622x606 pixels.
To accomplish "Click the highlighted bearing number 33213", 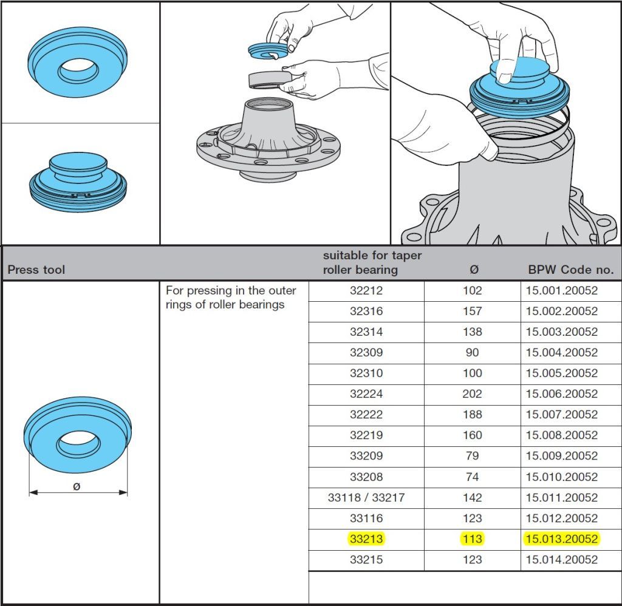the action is pyautogui.click(x=366, y=539).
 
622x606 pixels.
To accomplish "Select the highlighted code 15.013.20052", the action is pyautogui.click(x=561, y=539).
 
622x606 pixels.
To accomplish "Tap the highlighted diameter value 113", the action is pyautogui.click(x=472, y=539).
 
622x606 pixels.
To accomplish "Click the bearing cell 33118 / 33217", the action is pyautogui.click(x=366, y=498).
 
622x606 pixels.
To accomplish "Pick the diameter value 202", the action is pyautogui.click(x=472, y=394).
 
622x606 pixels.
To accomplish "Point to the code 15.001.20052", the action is pyautogui.click(x=561, y=290).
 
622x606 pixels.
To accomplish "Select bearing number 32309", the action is pyautogui.click(x=366, y=353).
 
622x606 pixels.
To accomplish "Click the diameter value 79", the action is pyautogui.click(x=472, y=455).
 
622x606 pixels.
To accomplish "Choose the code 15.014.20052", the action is pyautogui.click(x=561, y=560).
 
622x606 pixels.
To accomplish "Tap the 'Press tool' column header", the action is pyautogui.click(x=36, y=270).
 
